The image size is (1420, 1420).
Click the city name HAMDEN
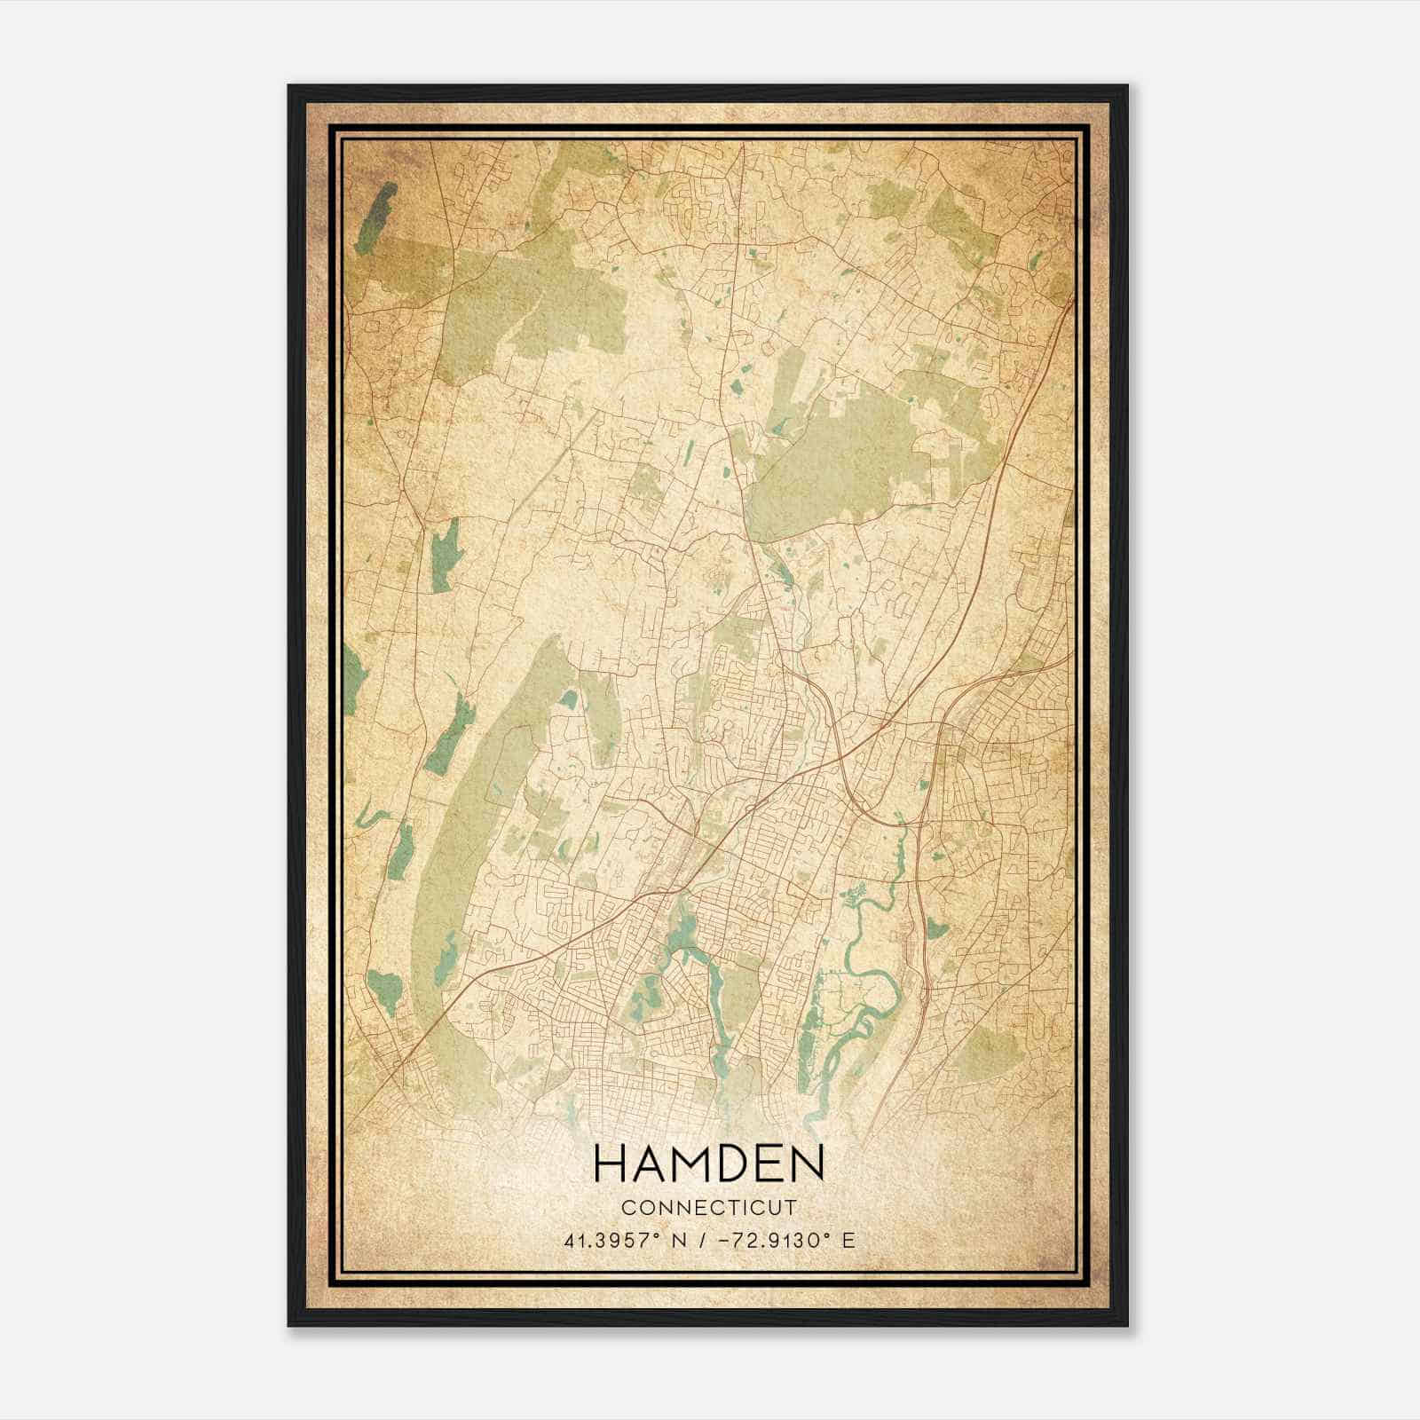709,1163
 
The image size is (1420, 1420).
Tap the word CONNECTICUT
709,1208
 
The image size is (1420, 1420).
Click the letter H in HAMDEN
610,1163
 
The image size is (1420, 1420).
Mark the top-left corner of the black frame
289,86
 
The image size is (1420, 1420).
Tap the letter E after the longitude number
850,1240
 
